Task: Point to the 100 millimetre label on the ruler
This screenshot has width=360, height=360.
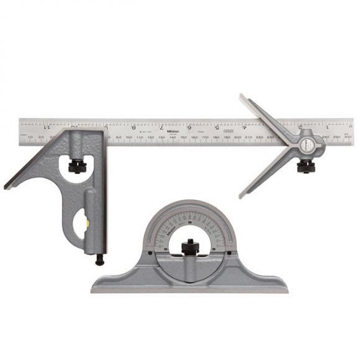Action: (128, 137)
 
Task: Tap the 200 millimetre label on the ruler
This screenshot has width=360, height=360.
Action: (238, 137)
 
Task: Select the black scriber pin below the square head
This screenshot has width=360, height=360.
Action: (99, 261)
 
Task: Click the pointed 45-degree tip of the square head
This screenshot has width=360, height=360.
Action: (6, 186)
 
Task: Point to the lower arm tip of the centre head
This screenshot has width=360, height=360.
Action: (241, 196)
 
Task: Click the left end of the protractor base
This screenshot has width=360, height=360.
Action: (92, 288)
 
